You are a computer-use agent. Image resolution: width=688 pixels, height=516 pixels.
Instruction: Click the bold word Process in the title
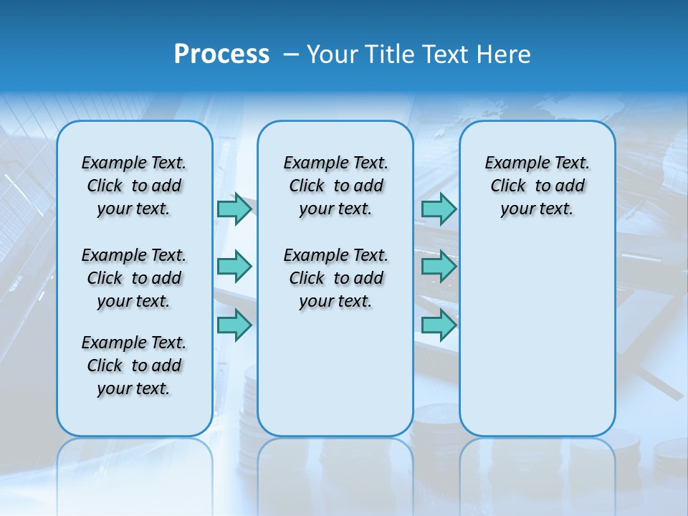pos(221,54)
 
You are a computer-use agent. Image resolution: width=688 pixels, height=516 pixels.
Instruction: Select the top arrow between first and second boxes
pos(234,209)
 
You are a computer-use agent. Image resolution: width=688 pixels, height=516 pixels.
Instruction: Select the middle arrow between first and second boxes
pos(234,267)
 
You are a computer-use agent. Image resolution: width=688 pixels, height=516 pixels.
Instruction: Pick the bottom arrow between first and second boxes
pos(234,325)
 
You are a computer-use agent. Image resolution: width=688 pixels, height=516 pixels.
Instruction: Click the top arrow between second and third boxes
pos(439,209)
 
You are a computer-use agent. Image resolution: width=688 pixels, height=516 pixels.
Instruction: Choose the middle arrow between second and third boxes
pos(439,267)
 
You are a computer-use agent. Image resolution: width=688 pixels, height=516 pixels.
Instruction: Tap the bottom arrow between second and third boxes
pos(439,325)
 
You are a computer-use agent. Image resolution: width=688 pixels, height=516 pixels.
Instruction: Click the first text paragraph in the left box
pos(134,186)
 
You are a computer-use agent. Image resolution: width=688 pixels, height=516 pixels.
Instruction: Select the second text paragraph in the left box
pos(134,278)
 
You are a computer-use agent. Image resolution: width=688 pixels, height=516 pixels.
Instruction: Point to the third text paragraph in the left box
pos(134,365)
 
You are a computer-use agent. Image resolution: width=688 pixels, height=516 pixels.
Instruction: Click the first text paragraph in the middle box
pos(335,186)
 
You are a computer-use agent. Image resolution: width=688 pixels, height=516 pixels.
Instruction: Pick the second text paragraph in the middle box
pos(335,278)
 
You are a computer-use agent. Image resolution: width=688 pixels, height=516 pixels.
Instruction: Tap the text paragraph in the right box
pos(537,186)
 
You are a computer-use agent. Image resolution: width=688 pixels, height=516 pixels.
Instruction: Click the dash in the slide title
pos(291,54)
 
